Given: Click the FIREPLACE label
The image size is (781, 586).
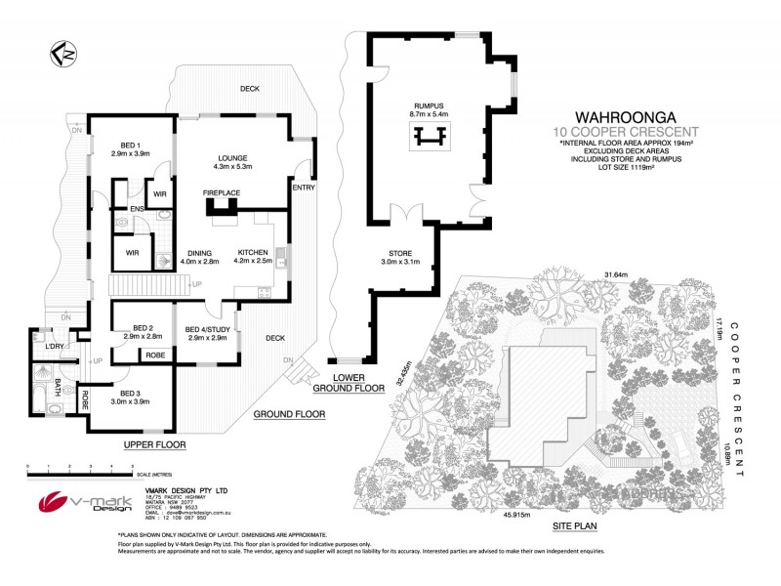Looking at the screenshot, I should (222, 194).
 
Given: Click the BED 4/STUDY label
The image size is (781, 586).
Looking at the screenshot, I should (206, 332).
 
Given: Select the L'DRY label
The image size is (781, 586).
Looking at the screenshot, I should (55, 347).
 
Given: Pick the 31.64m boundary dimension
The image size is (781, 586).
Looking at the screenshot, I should (616, 273).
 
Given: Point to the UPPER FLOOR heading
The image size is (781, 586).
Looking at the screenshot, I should (154, 444).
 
